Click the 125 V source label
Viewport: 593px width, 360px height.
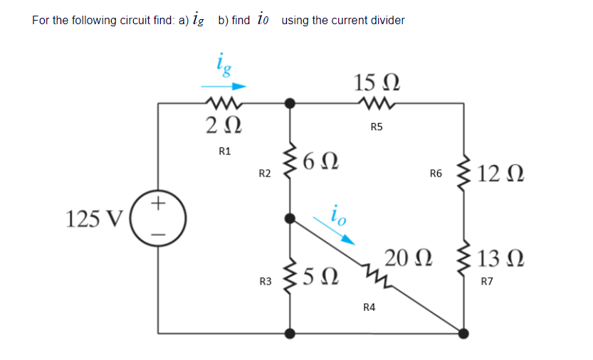[94, 218]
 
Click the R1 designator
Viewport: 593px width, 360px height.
[224, 151]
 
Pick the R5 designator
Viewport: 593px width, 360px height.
[377, 127]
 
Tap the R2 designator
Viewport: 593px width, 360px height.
[264, 174]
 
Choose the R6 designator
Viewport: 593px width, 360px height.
[436, 173]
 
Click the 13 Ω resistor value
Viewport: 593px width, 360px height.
[501, 260]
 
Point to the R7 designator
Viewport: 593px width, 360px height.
[487, 282]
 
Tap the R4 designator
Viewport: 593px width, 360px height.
[369, 307]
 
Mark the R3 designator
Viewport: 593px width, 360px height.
[265, 282]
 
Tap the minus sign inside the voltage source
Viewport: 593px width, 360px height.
[159, 232]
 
